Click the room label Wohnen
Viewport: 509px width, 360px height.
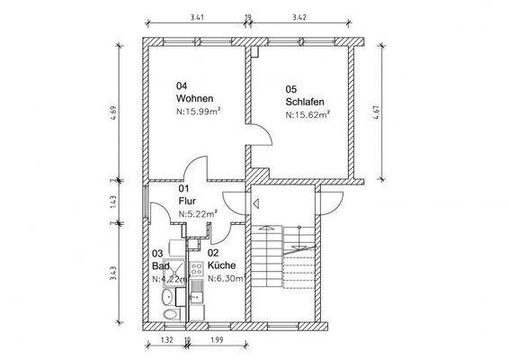click(194, 98)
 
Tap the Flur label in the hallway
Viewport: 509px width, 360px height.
click(187, 200)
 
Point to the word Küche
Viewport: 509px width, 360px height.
click(221, 265)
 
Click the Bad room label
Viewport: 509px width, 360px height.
click(160, 265)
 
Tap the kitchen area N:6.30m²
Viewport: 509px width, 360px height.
click(226, 279)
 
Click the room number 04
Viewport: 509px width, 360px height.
click(182, 85)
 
